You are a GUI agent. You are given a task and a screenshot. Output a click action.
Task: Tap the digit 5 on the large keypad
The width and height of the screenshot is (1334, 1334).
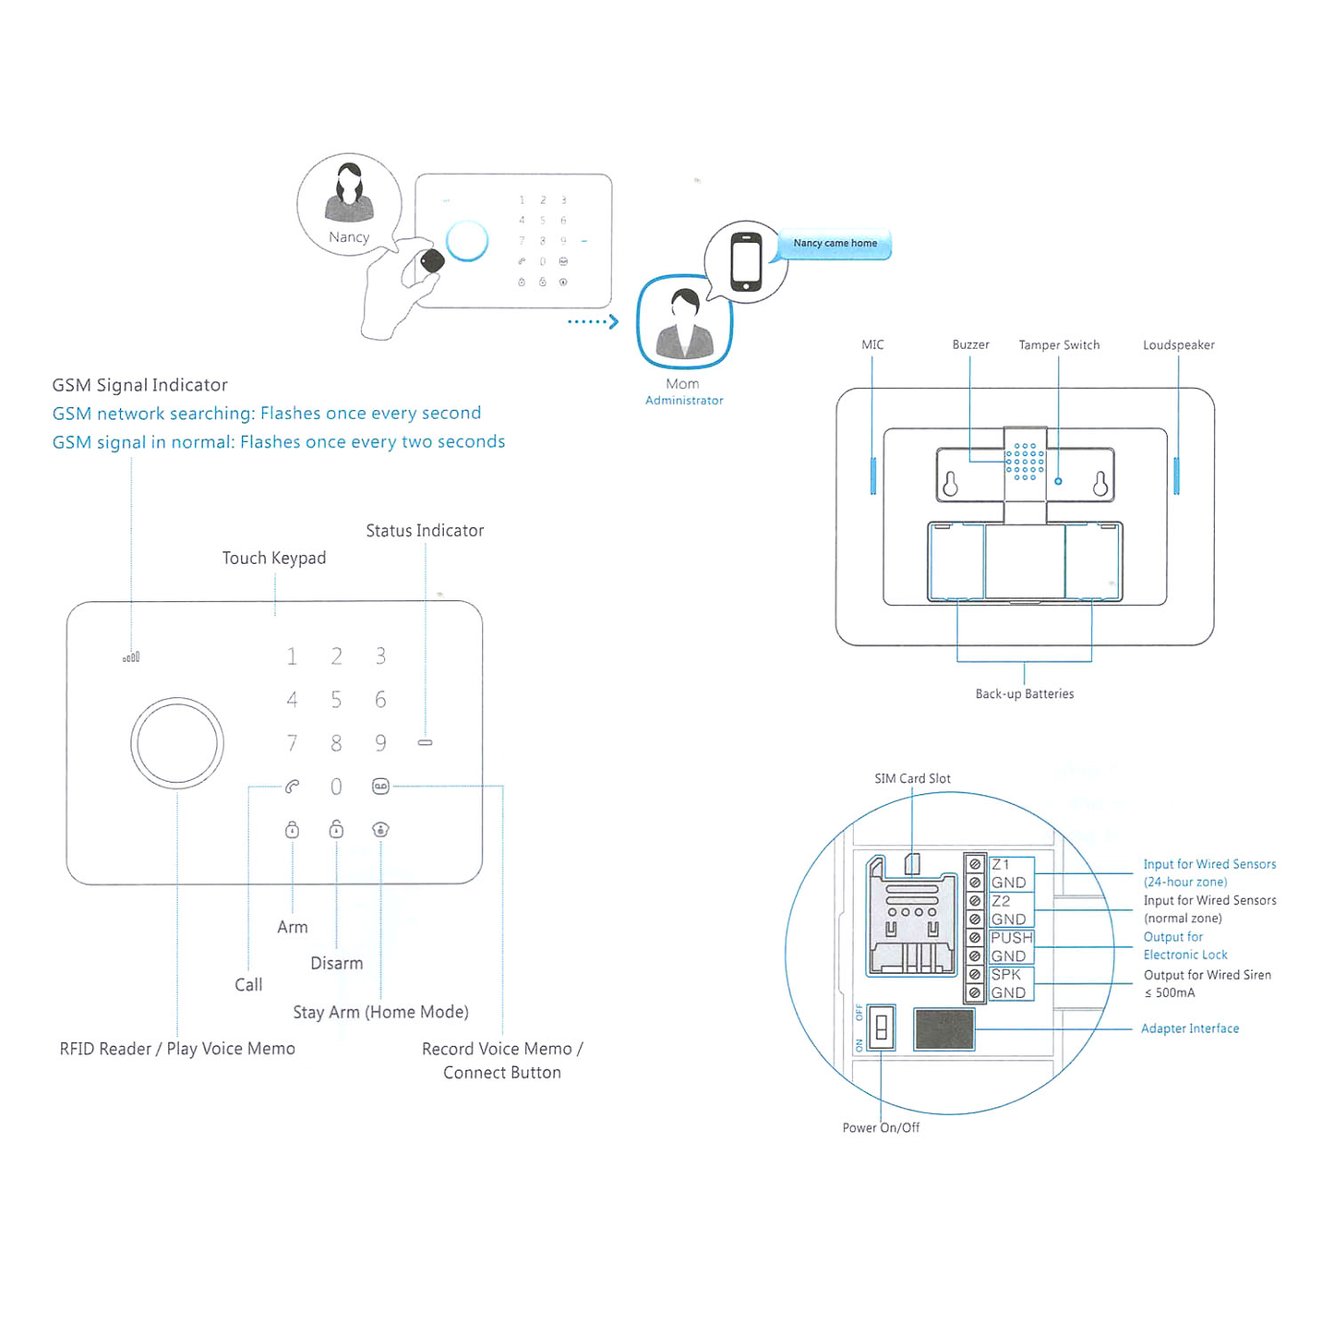coord(336,700)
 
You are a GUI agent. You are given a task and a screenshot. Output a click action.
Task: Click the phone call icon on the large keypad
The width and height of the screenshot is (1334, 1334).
coord(292,787)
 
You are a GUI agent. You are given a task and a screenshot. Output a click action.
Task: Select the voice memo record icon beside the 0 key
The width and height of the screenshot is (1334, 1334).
coord(380,787)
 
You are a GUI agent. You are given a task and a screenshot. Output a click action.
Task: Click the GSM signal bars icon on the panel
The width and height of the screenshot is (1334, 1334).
coord(131,657)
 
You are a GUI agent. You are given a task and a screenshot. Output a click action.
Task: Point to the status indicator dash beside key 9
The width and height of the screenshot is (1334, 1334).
coord(425,742)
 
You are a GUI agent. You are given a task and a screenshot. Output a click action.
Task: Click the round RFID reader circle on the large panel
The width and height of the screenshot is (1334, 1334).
coord(177,743)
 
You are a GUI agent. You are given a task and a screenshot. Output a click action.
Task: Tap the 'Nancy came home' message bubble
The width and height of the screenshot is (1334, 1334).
coord(835,244)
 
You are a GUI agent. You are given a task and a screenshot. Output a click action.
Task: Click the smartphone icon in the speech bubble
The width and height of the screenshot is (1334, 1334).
coord(746,261)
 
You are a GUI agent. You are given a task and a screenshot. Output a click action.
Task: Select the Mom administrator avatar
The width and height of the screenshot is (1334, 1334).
coord(684,323)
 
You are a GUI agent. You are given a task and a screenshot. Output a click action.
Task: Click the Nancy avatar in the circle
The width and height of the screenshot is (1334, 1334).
coord(349,194)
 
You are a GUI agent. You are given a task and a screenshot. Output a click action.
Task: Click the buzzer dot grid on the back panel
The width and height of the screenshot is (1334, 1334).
coord(1025,462)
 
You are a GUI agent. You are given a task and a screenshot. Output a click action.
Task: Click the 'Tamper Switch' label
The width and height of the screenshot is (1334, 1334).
coord(1059,345)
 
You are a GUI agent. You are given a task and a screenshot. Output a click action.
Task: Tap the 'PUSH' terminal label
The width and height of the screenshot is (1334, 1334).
coord(1011,938)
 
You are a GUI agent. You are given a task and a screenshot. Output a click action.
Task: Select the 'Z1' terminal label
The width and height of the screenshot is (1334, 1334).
coord(1001,865)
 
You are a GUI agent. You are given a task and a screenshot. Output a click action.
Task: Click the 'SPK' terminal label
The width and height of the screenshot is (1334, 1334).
coord(1005,975)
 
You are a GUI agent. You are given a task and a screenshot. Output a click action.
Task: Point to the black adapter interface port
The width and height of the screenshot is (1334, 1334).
coord(943,1028)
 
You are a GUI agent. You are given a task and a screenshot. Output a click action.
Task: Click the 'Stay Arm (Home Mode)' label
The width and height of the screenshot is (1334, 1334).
coord(380,1013)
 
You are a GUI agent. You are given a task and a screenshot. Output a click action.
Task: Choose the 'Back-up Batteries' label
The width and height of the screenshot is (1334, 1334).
coord(1024,694)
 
